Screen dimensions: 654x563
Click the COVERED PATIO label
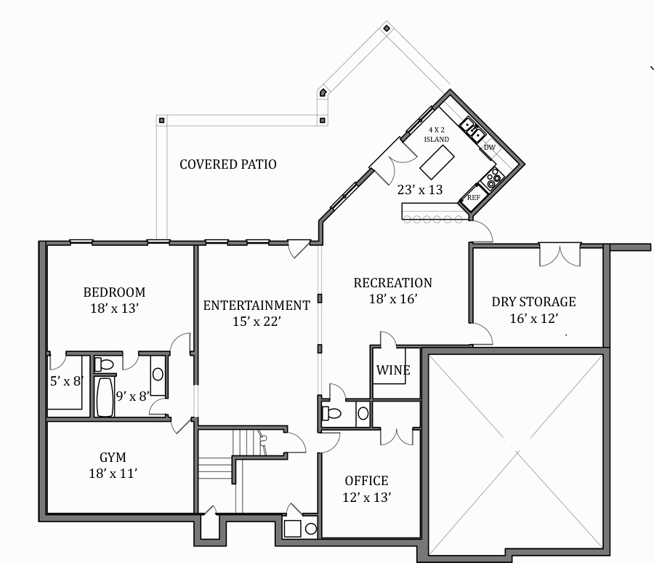(228, 164)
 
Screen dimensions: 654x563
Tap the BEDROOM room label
(114, 292)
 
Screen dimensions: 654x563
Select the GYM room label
(113, 458)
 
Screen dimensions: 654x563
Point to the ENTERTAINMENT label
(257, 306)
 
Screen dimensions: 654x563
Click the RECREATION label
(393, 283)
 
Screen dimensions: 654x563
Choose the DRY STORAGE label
(534, 302)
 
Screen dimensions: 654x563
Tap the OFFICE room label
(367, 481)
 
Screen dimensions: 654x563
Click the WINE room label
(393, 370)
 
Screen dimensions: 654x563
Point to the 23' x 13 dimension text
(420, 190)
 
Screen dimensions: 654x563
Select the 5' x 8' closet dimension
(67, 381)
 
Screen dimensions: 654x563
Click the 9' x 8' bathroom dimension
(133, 396)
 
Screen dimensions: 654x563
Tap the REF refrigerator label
(474, 198)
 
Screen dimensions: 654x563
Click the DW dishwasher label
(490, 148)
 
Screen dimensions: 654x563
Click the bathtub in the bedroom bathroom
(105, 396)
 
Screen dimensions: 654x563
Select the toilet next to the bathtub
(104, 364)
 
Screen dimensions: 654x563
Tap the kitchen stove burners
(493, 178)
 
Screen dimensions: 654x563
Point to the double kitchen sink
(472, 128)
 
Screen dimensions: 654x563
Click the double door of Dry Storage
(560, 255)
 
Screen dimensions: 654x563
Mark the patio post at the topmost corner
(387, 28)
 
